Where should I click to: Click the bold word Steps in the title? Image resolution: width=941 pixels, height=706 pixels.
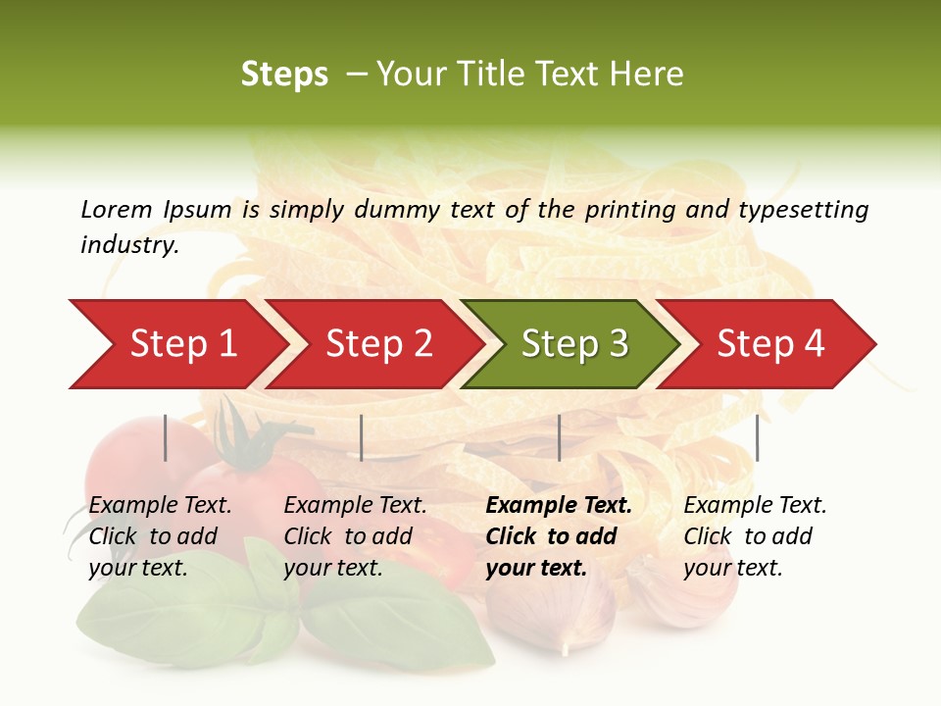[284, 75]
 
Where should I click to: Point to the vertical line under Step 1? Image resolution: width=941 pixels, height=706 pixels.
[166, 437]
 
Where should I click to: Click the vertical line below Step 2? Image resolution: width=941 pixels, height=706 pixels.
[362, 437]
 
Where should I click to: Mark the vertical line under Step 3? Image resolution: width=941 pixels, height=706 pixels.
[559, 437]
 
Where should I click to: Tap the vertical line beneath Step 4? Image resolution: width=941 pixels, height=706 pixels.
[757, 437]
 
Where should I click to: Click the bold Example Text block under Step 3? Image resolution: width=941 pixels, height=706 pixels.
[559, 536]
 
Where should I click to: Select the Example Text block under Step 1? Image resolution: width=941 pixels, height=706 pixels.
[160, 536]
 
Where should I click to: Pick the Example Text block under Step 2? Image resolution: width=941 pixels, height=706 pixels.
[355, 536]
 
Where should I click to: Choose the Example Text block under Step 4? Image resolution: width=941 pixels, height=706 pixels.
[755, 536]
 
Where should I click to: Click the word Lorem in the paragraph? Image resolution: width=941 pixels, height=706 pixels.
[117, 209]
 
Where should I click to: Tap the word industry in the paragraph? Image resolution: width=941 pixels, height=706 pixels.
[128, 245]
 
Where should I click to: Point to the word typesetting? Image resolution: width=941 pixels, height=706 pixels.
[803, 210]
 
